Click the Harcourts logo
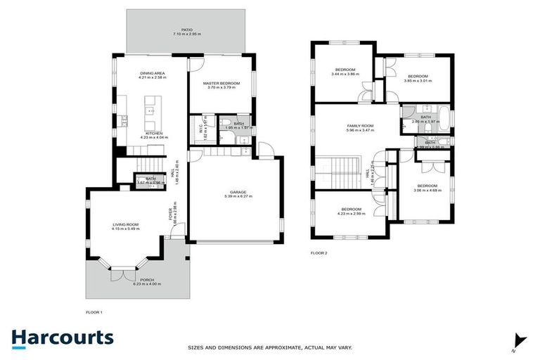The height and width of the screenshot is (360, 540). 62,337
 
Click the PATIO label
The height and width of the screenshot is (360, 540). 186,30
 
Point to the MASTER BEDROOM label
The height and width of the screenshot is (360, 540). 221,84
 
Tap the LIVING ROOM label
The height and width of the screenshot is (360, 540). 126,224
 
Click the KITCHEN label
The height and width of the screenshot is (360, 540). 154,133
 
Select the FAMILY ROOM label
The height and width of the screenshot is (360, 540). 359,126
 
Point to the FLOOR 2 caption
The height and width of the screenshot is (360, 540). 319,252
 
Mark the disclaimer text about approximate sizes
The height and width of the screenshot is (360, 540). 269,347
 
